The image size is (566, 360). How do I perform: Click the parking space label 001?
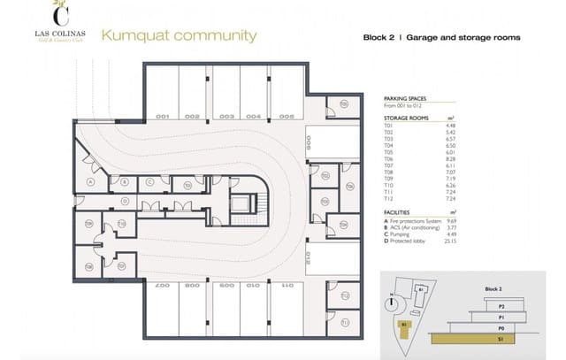(163, 116)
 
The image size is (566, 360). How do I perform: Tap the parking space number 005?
(286, 116)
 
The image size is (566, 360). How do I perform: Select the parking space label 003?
(226, 116)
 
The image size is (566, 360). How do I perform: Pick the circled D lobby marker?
(126, 201)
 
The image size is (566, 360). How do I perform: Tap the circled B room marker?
(126, 182)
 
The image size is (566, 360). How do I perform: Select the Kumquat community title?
(180, 36)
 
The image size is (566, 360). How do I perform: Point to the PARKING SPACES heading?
(405, 100)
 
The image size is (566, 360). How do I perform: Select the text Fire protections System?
(414, 220)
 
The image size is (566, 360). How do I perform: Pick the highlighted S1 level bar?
(482, 337)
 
